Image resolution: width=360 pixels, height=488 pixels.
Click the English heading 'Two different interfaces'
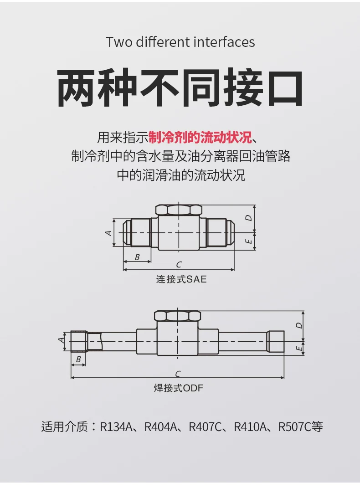click(180, 42)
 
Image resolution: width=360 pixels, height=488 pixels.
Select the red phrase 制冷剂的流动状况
click(200, 138)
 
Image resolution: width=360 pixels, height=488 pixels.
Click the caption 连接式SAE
click(181, 279)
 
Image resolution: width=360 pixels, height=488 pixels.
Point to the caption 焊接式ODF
click(179, 388)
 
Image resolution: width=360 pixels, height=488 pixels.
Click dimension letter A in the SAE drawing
click(108, 232)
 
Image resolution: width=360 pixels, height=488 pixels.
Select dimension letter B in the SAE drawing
click(137, 257)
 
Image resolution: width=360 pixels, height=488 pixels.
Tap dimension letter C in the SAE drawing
click(179, 265)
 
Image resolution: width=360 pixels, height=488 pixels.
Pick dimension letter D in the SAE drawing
click(249, 218)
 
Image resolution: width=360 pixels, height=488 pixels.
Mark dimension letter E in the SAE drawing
click(249, 241)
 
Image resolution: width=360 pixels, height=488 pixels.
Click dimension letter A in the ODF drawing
click(62, 340)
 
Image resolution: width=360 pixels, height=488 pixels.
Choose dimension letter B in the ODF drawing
click(78, 359)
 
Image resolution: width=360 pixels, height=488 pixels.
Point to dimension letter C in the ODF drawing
click(178, 374)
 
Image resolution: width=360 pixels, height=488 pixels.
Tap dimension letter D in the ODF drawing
click(299, 325)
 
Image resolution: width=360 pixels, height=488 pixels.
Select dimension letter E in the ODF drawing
click(299, 348)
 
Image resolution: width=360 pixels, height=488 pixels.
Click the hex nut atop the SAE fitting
click(179, 210)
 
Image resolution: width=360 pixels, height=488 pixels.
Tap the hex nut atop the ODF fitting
click(178, 316)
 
